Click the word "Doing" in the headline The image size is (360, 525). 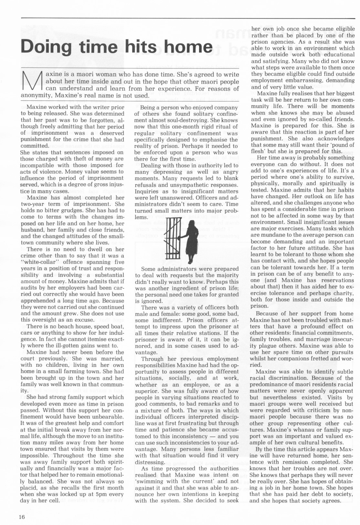(x=46, y=46)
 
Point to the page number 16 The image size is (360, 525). (x=22, y=517)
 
